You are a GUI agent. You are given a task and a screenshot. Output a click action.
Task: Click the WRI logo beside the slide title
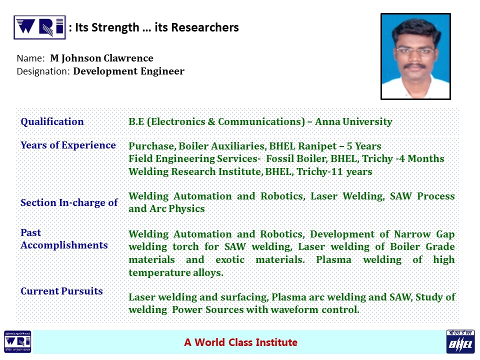(40, 27)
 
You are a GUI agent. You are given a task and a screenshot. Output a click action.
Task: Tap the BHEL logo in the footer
(460, 341)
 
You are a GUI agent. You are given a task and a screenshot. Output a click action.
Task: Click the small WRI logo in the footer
(17, 341)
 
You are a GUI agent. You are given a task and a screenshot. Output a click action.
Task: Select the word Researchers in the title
(205, 27)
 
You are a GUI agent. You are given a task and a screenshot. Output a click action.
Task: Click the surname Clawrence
(128, 58)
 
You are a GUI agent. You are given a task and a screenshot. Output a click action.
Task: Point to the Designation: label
(43, 71)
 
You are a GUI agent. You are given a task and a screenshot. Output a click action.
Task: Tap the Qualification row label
(52, 121)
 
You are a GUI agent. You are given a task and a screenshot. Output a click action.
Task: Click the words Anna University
(353, 121)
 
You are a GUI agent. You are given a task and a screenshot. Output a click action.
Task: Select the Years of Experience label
(68, 145)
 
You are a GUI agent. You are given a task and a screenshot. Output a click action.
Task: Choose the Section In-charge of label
(69, 202)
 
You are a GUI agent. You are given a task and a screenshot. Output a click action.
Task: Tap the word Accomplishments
(64, 245)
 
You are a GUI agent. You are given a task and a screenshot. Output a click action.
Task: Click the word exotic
(230, 259)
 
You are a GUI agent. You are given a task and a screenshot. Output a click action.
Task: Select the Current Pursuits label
(61, 291)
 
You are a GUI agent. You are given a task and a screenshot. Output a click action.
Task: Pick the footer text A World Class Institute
(240, 342)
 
